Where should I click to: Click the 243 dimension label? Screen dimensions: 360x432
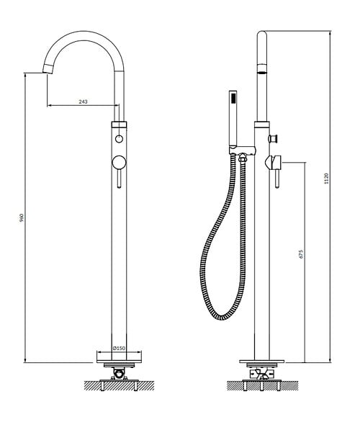(83, 102)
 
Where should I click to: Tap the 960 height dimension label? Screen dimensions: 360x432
(22, 217)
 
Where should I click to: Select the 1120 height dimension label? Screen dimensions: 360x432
(326, 179)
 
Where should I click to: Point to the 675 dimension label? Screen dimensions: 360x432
(301, 253)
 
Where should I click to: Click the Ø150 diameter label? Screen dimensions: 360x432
(119, 348)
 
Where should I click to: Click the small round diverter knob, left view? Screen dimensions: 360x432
(119, 139)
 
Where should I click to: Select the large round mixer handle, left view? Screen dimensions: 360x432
(119, 162)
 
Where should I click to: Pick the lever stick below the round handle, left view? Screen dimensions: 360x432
(119, 179)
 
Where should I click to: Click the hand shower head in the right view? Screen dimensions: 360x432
(233, 119)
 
